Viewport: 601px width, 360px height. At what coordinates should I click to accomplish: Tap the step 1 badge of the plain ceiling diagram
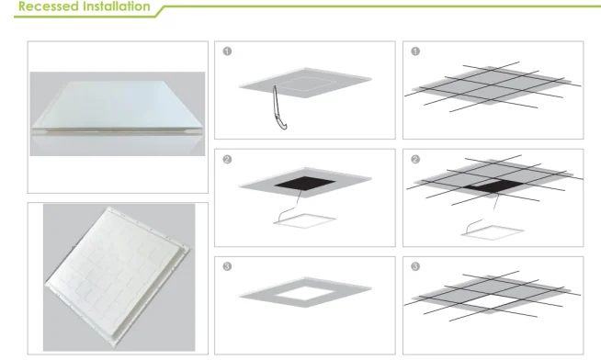click(226, 51)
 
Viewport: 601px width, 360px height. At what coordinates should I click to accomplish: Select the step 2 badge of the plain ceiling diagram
click(226, 159)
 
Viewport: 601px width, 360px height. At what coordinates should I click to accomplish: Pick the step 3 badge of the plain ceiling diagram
click(226, 267)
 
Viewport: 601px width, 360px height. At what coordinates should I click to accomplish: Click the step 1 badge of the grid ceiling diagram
click(415, 51)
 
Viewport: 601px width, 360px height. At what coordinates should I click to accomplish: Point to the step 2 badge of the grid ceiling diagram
click(415, 159)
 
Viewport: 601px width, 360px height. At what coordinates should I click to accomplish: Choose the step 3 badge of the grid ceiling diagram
click(415, 267)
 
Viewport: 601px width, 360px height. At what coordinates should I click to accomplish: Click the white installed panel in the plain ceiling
click(304, 297)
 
